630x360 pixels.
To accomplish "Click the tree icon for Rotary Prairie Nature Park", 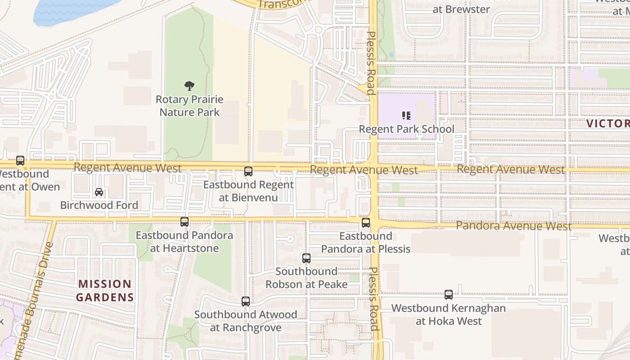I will click(189, 85).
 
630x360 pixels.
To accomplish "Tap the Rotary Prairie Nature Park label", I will click(189, 106).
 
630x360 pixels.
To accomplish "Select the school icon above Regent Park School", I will click(406, 116).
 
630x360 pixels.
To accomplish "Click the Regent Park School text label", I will click(406, 129).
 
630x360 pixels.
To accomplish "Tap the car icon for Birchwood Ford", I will click(99, 192).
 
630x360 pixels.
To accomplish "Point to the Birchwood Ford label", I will click(99, 205).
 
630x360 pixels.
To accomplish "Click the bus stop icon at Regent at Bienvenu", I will click(248, 171).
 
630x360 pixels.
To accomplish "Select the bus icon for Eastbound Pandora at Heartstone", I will click(184, 222).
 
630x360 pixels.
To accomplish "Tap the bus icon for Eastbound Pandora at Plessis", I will click(366, 223).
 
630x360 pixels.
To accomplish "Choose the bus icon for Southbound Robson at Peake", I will click(306, 258).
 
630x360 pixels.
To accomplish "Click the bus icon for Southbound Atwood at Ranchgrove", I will click(246, 301).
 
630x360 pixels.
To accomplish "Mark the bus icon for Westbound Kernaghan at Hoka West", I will click(449, 295).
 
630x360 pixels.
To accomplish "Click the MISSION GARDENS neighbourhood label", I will click(105, 291).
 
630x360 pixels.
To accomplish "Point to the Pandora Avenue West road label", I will click(513, 225).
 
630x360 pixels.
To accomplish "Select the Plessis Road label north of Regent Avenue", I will click(371, 63).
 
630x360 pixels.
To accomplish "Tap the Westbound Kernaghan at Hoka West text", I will click(449, 315).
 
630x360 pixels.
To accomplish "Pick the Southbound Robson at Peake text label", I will click(306, 278).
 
